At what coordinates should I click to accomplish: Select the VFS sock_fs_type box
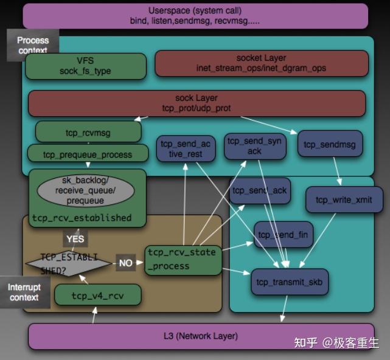[86, 66]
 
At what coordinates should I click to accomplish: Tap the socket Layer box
[262, 63]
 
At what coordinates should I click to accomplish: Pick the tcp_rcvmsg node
[89, 131]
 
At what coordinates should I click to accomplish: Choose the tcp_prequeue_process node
[88, 154]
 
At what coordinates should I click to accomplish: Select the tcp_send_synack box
[254, 146]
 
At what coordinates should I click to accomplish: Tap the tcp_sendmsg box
[330, 145]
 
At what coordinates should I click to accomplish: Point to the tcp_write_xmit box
[344, 199]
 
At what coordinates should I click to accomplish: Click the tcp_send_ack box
[259, 191]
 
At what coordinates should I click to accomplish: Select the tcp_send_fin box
[284, 235]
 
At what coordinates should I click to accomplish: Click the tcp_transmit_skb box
[290, 282]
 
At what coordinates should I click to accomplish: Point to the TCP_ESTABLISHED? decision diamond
[69, 263]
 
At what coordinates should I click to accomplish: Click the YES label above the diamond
[75, 239]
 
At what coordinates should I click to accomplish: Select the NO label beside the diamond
[126, 263]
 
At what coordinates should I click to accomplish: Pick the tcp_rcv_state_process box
[183, 260]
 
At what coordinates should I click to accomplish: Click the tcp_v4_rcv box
[98, 296]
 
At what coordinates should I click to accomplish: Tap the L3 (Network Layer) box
[201, 336]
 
